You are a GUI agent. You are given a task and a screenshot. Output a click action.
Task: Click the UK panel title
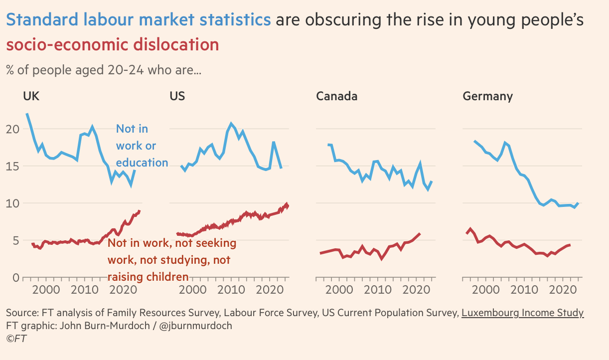coord(31,96)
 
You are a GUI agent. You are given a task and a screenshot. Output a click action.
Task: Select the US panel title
coord(177,96)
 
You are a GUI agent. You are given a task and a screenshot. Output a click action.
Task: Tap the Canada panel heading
coord(336,96)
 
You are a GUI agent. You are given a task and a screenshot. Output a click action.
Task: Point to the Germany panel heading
coord(487,96)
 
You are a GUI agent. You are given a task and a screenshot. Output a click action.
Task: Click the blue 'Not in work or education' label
coord(142,146)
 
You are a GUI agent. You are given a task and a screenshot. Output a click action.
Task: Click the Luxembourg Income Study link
coord(522,313)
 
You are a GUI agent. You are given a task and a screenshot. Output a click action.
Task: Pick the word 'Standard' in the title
coord(42,19)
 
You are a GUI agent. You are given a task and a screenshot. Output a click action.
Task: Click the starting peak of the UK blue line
coord(27,114)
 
